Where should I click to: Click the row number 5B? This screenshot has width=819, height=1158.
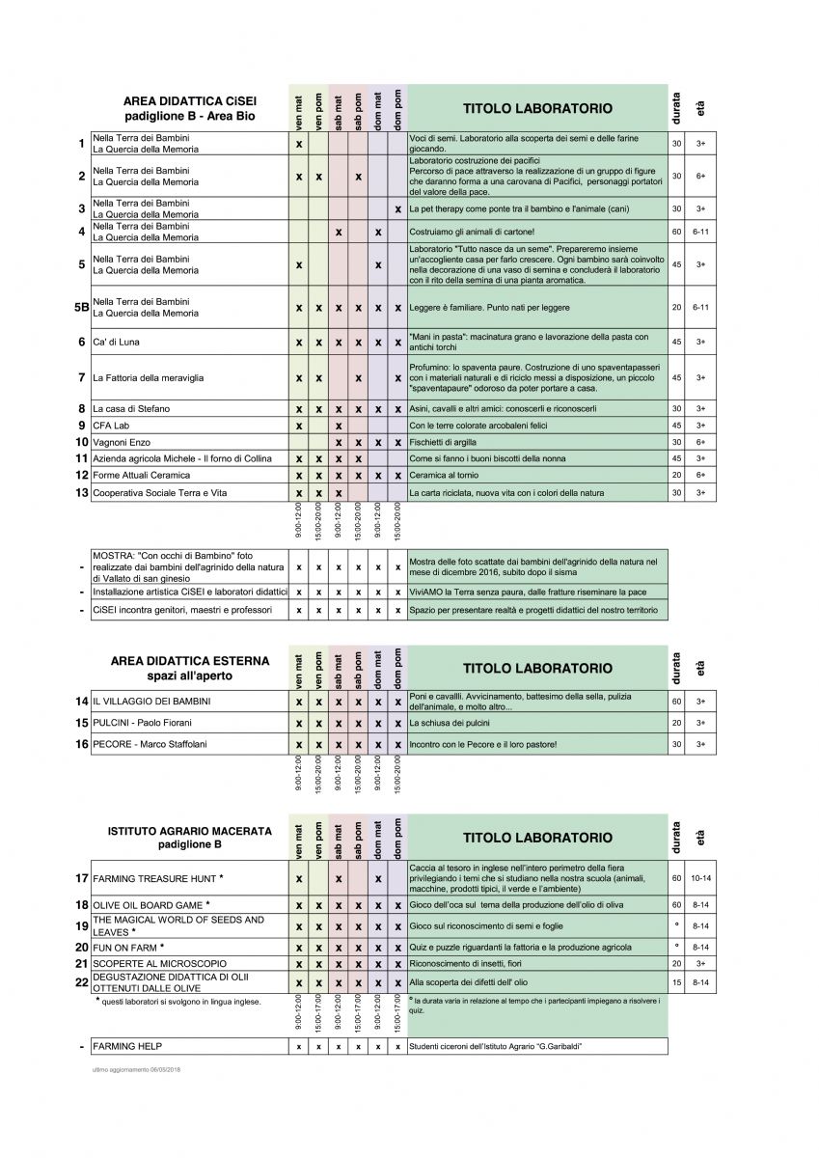coord(81,307)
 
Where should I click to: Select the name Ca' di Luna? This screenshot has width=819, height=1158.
coord(117,342)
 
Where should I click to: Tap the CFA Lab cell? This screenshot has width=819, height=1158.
coord(111,425)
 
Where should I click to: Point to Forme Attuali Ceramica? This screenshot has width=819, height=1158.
coord(141,475)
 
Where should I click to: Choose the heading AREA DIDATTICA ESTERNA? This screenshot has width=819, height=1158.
coord(190,661)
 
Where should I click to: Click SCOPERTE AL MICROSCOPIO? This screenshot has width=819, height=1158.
coord(159,963)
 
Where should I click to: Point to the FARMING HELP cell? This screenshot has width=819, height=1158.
coord(127,1046)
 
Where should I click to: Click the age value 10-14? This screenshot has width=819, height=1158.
coord(700,879)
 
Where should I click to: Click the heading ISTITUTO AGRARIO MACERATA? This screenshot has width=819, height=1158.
coord(190,831)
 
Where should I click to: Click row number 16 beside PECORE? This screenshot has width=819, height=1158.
coord(81,744)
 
